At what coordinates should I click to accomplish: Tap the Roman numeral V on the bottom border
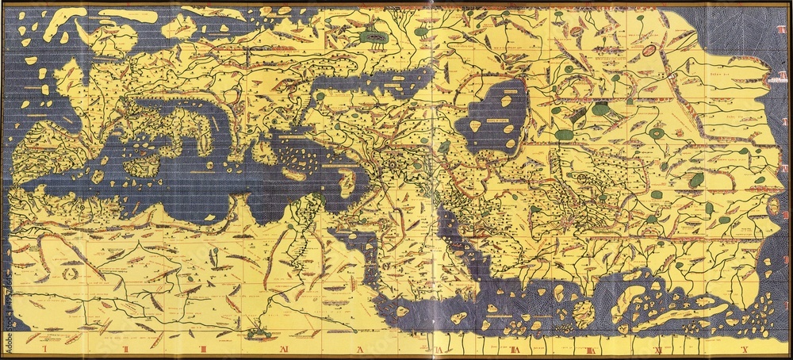tap(358, 347)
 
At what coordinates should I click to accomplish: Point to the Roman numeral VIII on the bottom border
tap(592, 347)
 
